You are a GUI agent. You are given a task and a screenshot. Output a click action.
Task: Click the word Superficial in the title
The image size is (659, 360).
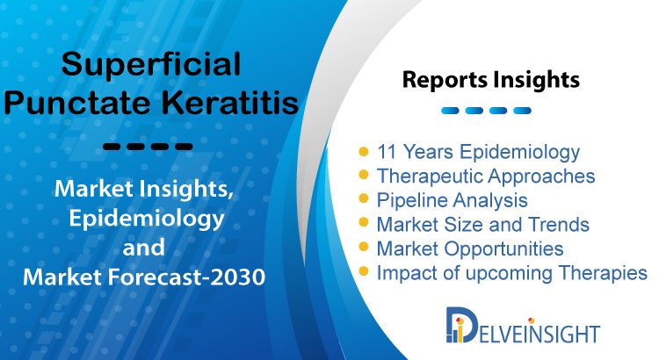151,65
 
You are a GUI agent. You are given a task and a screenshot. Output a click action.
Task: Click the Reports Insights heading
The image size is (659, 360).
491,80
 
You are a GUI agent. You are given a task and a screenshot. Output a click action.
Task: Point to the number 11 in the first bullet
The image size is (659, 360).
387,152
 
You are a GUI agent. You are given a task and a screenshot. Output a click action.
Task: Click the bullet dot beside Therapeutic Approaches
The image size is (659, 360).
364,175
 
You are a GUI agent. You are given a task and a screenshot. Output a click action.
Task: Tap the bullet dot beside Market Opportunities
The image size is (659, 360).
364,247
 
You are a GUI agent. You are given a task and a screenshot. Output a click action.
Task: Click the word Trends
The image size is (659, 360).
559,224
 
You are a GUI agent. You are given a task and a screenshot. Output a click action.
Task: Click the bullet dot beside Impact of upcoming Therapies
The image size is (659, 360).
364,271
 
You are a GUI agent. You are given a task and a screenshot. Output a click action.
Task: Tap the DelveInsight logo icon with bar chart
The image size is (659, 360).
459,325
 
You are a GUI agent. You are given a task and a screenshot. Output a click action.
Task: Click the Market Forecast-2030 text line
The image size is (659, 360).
144,277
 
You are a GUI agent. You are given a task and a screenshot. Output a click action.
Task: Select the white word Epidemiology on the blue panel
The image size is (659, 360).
146,219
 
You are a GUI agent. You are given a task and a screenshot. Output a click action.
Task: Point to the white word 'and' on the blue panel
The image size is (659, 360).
143,248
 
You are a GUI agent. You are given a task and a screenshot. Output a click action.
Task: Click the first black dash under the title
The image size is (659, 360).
112,147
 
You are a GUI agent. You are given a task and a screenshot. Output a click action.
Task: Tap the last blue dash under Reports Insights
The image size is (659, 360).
523,111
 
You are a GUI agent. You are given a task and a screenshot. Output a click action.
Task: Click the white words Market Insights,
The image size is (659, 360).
144,189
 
